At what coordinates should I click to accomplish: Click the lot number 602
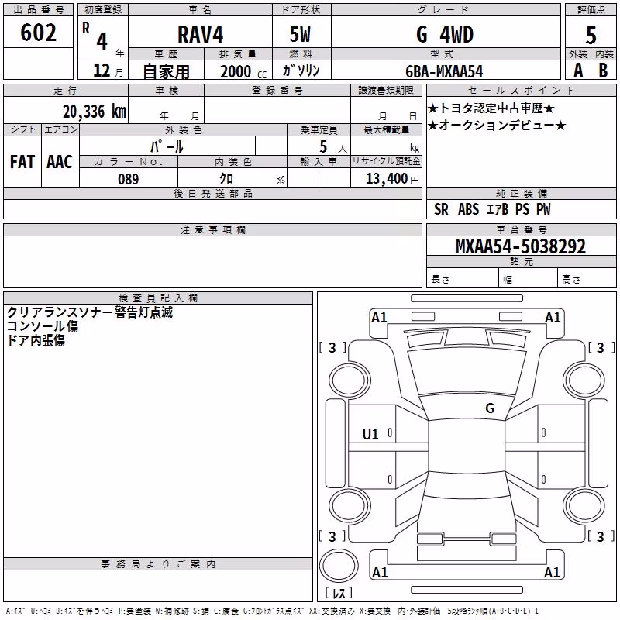[38, 33]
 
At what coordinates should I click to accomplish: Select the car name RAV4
[201, 34]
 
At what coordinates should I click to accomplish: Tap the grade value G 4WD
[445, 34]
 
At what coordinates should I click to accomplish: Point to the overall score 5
[591, 35]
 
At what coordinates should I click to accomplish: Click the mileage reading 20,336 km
[95, 112]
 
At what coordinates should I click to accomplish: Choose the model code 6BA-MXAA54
[444, 71]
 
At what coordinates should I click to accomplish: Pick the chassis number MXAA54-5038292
[521, 246]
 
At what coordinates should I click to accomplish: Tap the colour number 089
[129, 179]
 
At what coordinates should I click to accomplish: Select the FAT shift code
[22, 162]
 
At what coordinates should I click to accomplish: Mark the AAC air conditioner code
[60, 162]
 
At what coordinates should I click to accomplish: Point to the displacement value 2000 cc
[243, 72]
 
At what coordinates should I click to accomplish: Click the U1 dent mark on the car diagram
[370, 435]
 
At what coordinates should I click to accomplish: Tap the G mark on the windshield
[490, 408]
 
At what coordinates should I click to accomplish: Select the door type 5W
[300, 34]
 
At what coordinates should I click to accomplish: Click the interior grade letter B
[603, 71]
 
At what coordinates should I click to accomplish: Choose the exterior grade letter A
[578, 71]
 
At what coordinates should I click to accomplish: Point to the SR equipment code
[441, 209]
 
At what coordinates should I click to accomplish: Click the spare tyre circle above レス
[339, 566]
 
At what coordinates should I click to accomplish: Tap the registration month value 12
[102, 71]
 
